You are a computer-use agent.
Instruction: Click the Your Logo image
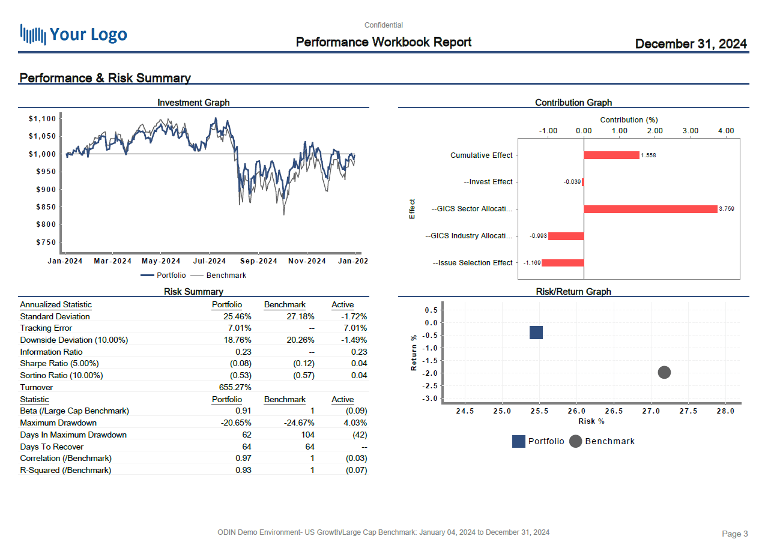point(73,34)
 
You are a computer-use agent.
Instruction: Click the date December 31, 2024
point(691,44)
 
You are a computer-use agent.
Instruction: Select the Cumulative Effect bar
point(611,155)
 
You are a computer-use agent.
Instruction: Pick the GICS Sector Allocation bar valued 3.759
point(650,209)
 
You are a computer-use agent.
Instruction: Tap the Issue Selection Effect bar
point(563,263)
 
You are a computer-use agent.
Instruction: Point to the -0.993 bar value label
point(538,236)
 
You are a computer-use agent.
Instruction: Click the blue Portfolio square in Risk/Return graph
point(536,333)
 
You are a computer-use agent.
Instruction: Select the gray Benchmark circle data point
point(664,373)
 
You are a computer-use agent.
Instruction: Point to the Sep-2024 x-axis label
point(259,261)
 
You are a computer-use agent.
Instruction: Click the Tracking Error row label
point(46,328)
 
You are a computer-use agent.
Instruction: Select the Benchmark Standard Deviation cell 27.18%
point(298,316)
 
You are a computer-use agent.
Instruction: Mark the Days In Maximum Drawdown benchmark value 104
point(307,435)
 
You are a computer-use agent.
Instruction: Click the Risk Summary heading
point(193,292)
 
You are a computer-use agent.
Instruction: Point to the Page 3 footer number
point(734,534)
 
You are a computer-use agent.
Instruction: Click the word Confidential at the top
point(384,25)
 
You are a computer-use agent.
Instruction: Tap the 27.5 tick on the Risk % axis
point(688,411)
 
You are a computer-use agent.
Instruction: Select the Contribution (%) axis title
point(629,120)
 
